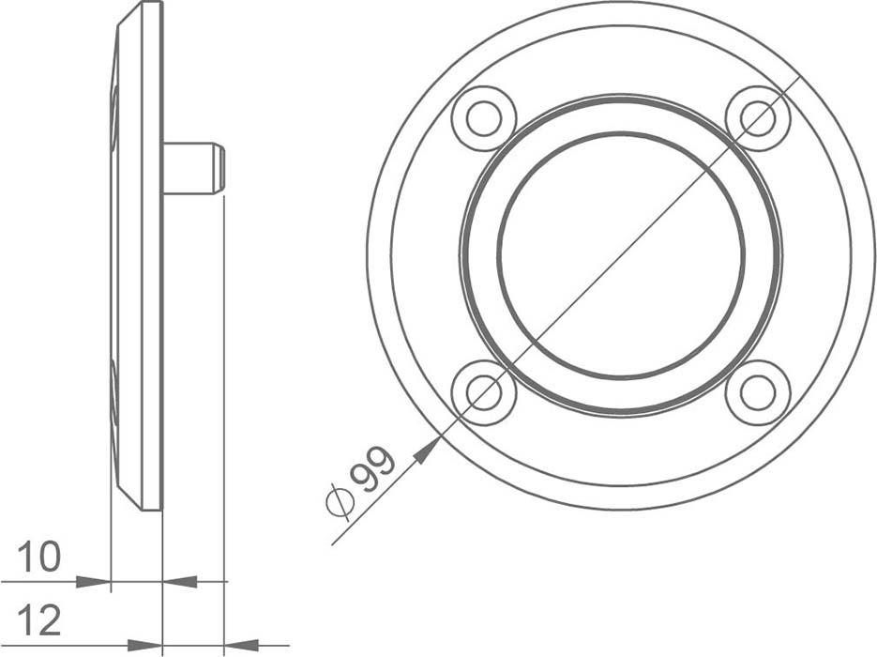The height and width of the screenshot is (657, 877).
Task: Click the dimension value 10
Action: click(38, 558)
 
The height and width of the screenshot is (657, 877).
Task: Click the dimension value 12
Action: click(38, 620)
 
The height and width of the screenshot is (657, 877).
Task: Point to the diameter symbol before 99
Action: click(340, 500)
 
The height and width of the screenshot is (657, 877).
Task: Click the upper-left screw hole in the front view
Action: click(483, 118)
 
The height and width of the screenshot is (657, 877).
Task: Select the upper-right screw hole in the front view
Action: click(758, 118)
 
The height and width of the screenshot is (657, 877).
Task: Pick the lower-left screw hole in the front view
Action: click(483, 393)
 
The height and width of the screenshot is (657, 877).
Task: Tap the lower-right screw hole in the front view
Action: click(758, 393)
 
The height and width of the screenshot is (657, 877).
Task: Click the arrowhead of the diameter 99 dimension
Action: click(427, 451)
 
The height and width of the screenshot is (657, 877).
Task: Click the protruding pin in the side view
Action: click(193, 168)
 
